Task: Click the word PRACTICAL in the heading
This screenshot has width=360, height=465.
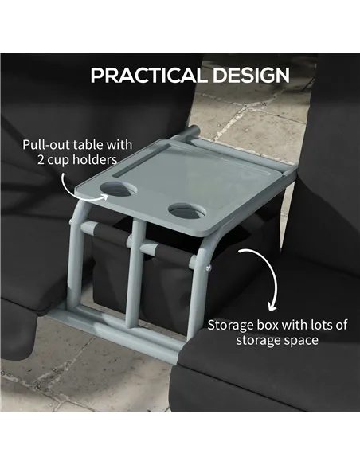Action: click(142, 76)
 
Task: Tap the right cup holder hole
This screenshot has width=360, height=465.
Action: click(186, 212)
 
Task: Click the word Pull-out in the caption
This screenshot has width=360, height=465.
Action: click(46, 145)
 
